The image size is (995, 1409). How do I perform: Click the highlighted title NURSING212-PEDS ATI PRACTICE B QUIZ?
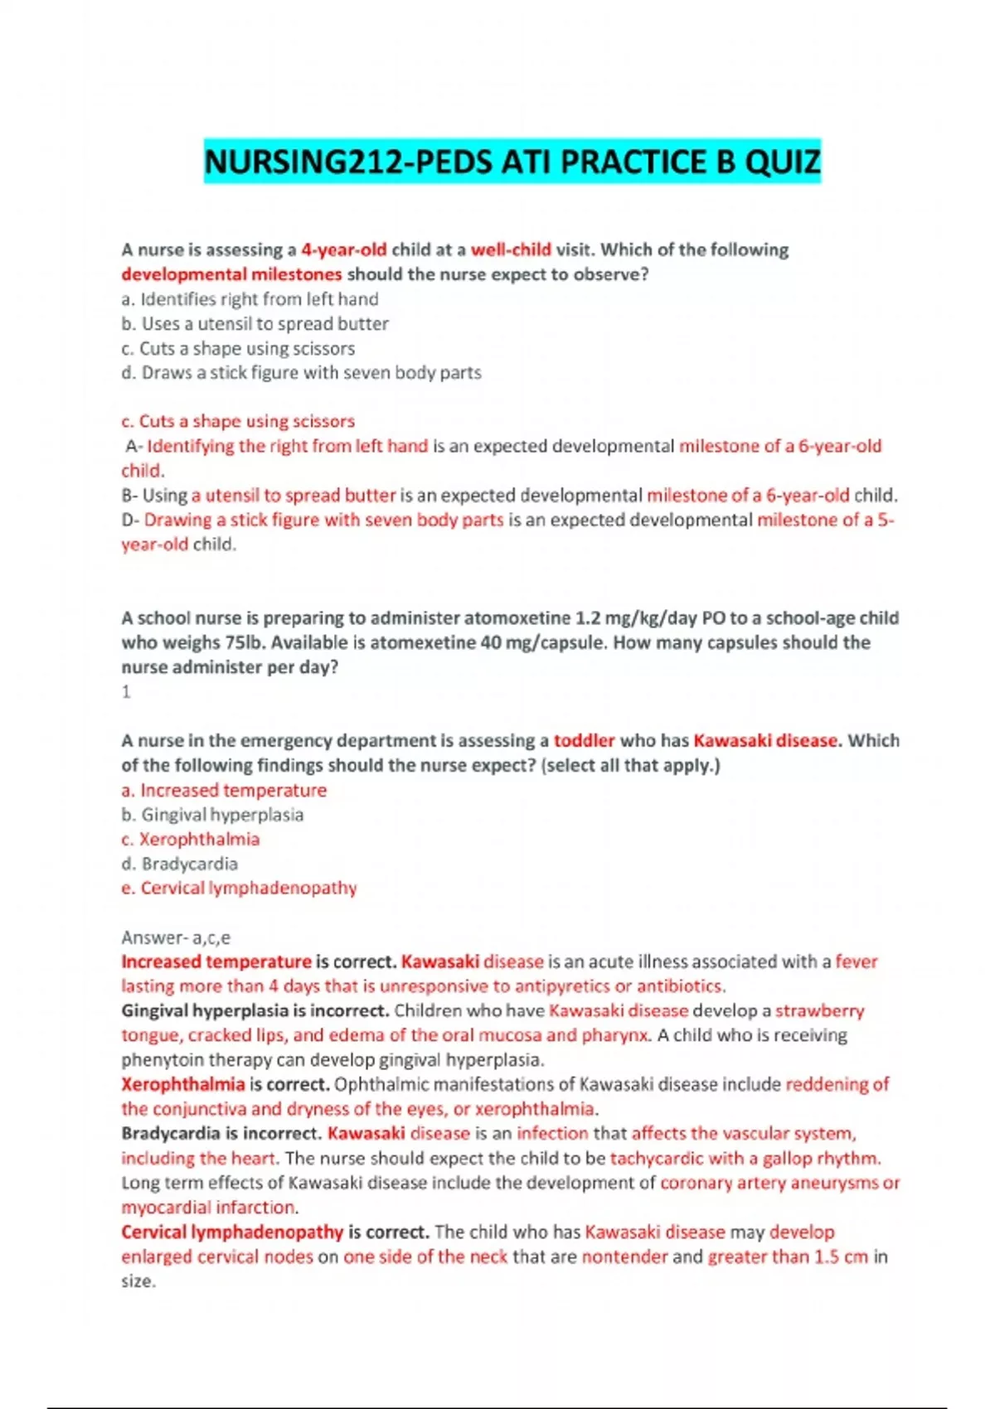pos(512,162)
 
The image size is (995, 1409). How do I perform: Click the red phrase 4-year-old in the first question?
pos(343,249)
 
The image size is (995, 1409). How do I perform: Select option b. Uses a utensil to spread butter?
pos(255,323)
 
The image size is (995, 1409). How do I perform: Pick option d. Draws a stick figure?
pos(301,373)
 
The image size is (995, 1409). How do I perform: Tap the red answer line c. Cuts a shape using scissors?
pos(238,421)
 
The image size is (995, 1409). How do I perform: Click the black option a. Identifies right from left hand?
pos(250,299)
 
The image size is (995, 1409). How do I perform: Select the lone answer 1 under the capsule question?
pos(126,692)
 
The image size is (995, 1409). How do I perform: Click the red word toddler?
pos(584,741)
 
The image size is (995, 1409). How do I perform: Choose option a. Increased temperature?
pos(224,790)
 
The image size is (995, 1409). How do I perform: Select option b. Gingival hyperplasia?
pos(212,815)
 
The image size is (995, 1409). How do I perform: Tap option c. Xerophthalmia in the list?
pos(191,840)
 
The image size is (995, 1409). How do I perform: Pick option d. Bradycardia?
pos(180,864)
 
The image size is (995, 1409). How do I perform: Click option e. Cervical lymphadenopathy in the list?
pos(239,888)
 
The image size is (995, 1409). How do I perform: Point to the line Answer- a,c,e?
pos(176,937)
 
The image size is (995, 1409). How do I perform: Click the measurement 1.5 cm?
pos(840,1256)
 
